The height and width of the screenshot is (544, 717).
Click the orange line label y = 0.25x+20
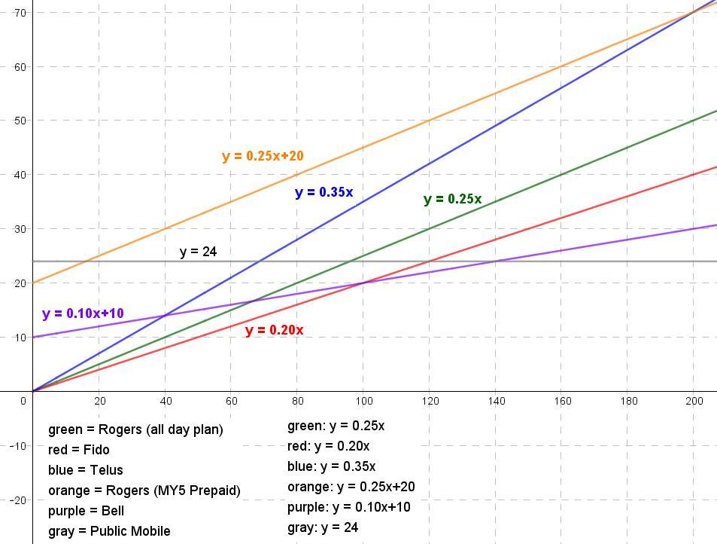pos(263,156)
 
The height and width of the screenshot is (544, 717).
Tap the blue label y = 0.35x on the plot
pos(324,192)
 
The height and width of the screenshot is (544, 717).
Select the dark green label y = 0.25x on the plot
pos(452,200)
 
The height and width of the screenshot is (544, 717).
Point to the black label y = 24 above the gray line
pos(198,252)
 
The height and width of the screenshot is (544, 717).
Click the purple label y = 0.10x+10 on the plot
pos(83,313)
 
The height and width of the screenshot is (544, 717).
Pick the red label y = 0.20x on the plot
pos(274,330)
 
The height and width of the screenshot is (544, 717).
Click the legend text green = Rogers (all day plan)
pos(135,429)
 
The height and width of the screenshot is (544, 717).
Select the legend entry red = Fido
pos(78,450)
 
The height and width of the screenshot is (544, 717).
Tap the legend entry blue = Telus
pos(85,470)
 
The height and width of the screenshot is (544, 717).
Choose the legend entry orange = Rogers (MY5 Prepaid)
pos(144,491)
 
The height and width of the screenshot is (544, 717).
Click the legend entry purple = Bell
pos(86,511)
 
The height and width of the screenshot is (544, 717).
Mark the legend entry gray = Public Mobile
pos(109,531)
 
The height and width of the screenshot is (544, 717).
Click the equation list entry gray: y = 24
pos(323,527)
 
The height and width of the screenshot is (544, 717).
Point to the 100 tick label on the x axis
pos(363,401)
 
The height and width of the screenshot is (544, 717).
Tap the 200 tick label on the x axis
pos(694,401)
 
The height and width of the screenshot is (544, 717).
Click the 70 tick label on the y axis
pos(20,13)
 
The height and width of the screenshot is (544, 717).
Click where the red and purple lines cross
pos(363,283)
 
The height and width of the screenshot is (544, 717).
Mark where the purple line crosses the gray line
pos(496,261)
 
